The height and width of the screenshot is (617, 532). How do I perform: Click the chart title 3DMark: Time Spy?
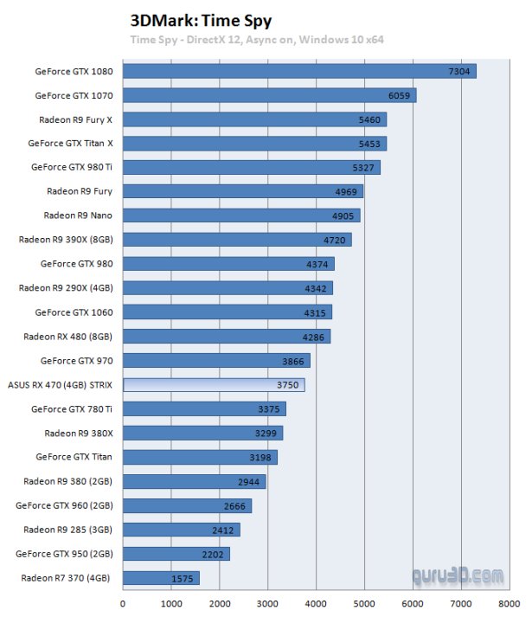[189, 20]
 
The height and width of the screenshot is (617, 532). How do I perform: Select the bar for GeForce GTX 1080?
[299, 71]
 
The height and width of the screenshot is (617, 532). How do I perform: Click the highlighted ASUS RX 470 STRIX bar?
[214, 385]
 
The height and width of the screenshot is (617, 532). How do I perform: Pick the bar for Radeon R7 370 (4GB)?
[161, 578]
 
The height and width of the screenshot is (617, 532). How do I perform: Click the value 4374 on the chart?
[316, 264]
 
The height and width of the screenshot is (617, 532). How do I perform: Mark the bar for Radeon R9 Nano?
[241, 215]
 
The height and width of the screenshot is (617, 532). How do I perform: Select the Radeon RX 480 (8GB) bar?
[227, 337]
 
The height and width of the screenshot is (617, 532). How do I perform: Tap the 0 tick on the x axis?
[124, 605]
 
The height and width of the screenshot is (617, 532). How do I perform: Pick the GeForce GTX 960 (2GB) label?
[67, 505]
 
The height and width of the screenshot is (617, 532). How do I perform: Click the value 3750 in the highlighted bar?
[286, 385]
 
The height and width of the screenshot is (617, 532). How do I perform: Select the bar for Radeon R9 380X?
[202, 434]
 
